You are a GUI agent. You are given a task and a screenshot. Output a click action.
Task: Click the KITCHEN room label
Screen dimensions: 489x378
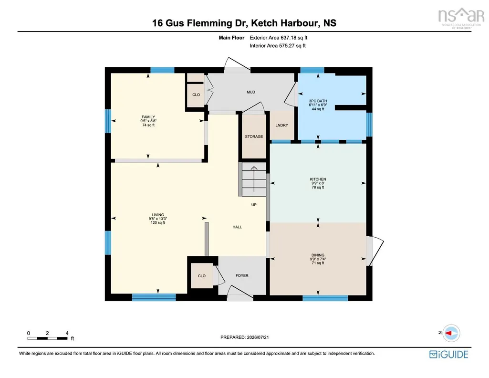click(318, 179)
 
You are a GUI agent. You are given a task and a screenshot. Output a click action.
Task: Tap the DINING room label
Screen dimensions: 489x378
click(318, 255)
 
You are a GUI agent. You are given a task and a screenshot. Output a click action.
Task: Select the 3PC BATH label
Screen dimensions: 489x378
click(318, 101)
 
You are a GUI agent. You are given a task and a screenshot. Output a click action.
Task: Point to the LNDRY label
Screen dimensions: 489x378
click(281, 125)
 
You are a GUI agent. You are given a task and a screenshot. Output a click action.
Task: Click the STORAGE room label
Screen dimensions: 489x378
click(254, 136)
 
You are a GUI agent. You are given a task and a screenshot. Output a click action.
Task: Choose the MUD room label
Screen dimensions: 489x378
click(251, 92)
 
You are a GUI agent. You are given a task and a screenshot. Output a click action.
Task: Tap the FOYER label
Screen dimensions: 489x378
click(242, 275)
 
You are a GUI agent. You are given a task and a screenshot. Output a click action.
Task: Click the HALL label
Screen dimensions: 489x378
click(237, 227)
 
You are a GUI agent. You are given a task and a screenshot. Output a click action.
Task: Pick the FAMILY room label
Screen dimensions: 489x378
click(148, 117)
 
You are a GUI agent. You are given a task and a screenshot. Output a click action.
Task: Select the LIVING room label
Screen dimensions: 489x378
click(158, 215)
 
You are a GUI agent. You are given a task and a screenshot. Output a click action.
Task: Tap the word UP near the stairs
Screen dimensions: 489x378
click(254, 205)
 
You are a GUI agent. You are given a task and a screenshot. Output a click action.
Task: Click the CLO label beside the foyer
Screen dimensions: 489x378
click(202, 276)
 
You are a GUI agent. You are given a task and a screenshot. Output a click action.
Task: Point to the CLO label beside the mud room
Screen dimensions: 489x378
click(196, 94)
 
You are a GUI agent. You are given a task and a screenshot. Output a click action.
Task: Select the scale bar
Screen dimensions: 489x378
click(47, 338)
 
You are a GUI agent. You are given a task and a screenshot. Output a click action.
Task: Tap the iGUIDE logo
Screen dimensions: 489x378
click(448, 354)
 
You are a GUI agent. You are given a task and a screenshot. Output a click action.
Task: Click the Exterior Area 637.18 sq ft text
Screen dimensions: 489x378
click(279, 38)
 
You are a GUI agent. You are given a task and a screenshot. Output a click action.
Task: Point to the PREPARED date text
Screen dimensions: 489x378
click(244, 337)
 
